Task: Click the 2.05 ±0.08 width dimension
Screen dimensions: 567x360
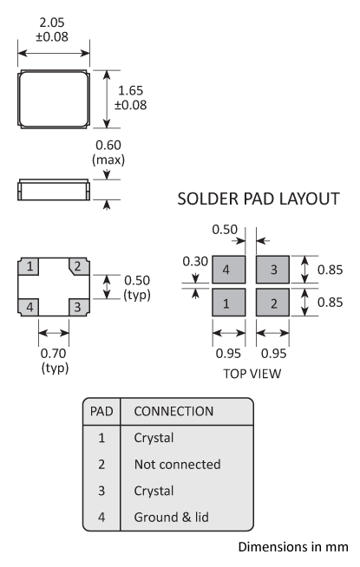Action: tap(52, 29)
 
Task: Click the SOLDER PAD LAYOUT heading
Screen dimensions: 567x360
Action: tap(258, 199)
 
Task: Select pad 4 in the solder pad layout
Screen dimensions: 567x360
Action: tap(227, 270)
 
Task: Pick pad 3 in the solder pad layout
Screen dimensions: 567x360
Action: tap(273, 270)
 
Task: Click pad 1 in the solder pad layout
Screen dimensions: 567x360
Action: tap(227, 304)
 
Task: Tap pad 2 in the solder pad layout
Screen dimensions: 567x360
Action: tap(273, 304)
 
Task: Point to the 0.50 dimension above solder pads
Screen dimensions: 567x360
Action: tap(226, 231)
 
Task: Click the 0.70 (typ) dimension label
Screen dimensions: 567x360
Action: tap(53, 360)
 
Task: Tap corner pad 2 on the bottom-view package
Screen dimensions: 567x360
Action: tap(77, 266)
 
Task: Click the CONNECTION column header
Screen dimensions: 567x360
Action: tap(173, 410)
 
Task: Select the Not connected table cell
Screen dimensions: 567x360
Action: tap(177, 465)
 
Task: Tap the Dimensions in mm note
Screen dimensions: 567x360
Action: tap(292, 547)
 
